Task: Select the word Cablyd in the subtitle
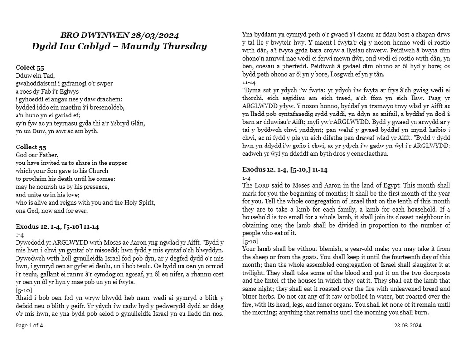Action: [90, 47]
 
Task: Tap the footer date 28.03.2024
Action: [408, 325]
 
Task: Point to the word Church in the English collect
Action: [97, 170]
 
